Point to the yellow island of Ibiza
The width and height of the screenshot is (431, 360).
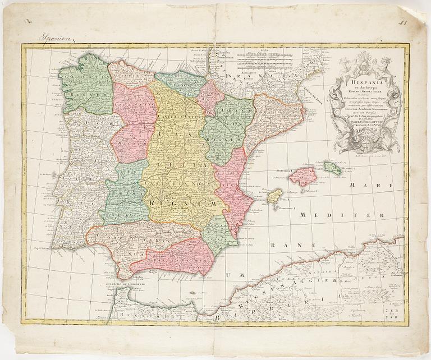coord(274,196)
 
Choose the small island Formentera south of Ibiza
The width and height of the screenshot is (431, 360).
coord(276,209)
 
